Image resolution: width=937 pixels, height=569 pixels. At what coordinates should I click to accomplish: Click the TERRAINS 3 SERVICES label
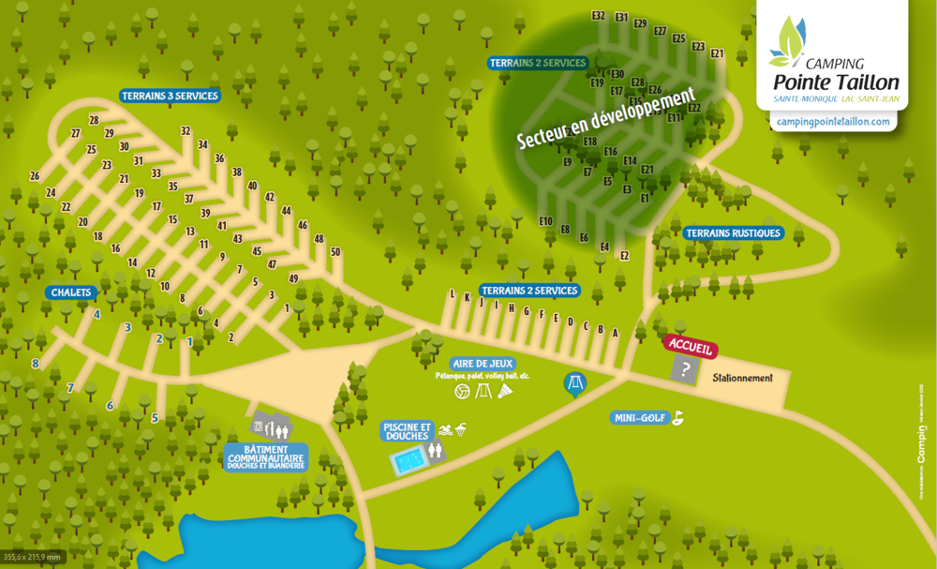pyautogui.click(x=170, y=96)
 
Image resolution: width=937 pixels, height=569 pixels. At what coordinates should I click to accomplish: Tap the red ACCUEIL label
pyautogui.click(x=691, y=345)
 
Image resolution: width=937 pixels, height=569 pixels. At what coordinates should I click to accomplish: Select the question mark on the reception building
pyautogui.click(x=686, y=370)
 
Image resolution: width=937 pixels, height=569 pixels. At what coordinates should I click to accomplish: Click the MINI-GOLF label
pyautogui.click(x=641, y=418)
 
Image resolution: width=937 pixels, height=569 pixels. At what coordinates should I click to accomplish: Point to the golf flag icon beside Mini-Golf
pyautogui.click(x=677, y=417)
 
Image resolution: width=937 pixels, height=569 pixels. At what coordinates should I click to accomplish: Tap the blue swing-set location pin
pyautogui.click(x=574, y=383)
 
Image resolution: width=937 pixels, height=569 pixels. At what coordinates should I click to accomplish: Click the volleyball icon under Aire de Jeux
pyautogui.click(x=461, y=391)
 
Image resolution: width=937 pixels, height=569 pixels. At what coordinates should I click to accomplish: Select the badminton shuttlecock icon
pyautogui.click(x=506, y=391)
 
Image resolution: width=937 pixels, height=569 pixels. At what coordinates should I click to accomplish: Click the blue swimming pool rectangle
pyautogui.click(x=408, y=462)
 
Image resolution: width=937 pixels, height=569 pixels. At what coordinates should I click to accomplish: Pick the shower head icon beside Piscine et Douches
pyautogui.click(x=461, y=429)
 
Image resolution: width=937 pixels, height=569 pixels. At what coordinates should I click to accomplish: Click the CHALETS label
pyautogui.click(x=71, y=292)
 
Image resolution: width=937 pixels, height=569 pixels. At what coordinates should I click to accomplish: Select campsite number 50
pyautogui.click(x=335, y=251)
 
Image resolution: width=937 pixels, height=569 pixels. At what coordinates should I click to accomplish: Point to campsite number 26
pyautogui.click(x=35, y=176)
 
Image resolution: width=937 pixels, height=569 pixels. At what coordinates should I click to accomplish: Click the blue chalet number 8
pyautogui.click(x=36, y=364)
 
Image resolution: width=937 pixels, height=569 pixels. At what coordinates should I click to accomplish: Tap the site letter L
pyautogui.click(x=453, y=294)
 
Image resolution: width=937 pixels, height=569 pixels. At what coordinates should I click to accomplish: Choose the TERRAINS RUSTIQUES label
pyautogui.click(x=733, y=232)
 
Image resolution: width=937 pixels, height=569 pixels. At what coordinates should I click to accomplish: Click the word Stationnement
pyautogui.click(x=742, y=379)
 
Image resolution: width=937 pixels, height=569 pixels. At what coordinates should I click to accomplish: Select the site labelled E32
pyautogui.click(x=599, y=16)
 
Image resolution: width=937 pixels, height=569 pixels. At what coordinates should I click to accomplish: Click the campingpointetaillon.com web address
pyautogui.click(x=832, y=122)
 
